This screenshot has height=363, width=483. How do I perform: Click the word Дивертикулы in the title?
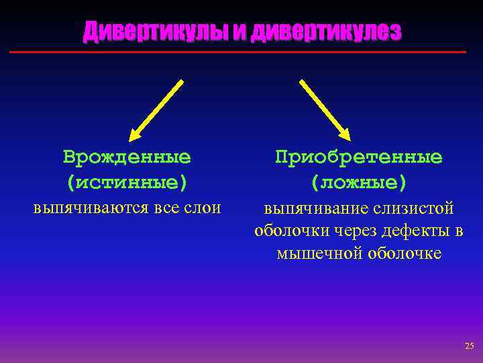155,32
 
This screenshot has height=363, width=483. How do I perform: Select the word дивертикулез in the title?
326,32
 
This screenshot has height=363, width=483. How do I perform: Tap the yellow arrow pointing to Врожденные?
156,109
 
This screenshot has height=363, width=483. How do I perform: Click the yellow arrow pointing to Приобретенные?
325,109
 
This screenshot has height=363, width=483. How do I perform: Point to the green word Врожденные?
127,157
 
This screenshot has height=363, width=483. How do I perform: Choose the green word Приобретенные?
358,157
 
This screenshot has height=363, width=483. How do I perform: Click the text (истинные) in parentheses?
127,182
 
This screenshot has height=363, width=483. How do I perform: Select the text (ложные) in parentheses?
358,182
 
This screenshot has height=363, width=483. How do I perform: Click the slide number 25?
468,346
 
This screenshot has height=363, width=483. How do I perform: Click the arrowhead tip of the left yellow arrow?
131,136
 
